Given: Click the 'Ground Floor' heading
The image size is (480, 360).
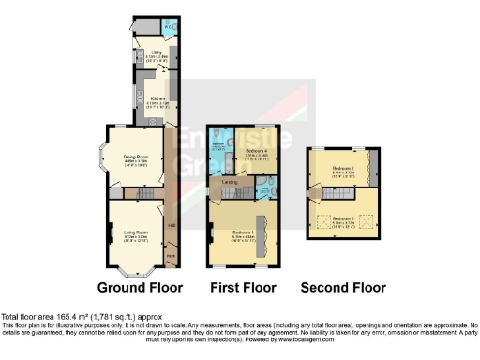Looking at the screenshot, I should pos(140,287).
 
